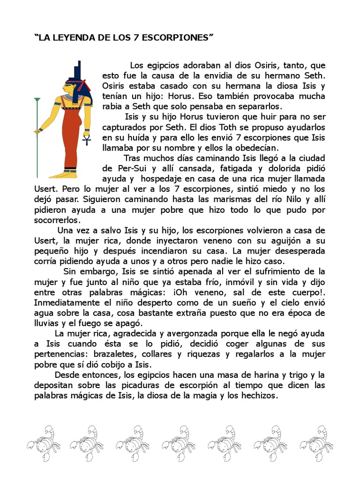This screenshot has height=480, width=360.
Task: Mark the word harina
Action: point(253,375)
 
